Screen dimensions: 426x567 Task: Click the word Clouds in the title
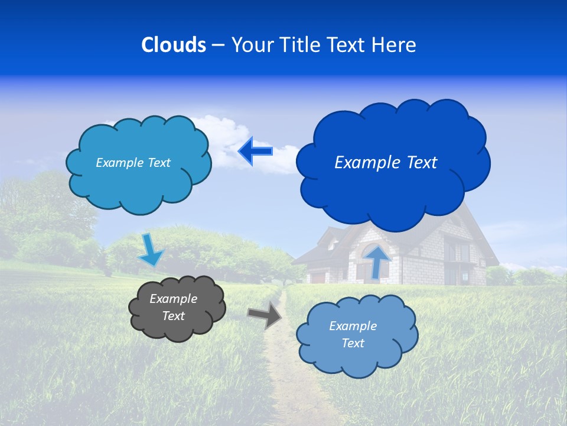coord(174,45)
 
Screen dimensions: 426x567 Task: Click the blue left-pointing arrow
coord(255,151)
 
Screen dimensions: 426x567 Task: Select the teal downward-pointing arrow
coord(150,250)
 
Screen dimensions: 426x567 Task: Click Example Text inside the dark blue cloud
coord(386,163)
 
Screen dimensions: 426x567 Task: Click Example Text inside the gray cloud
coord(174,308)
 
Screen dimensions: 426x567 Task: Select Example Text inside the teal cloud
coord(133,163)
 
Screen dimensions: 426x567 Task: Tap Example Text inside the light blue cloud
coord(353,334)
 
